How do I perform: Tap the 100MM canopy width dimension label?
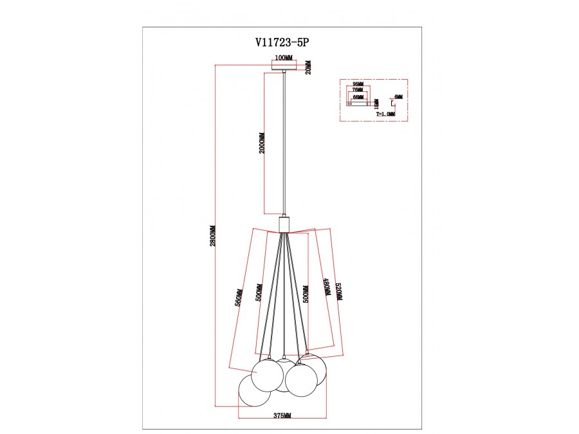tap(284, 58)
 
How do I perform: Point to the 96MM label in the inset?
tap(358, 85)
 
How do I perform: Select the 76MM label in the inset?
tap(358, 91)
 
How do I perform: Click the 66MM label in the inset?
tap(358, 96)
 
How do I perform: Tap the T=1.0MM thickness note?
tap(386, 114)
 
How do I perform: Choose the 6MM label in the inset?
tap(399, 96)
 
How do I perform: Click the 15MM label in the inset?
tap(377, 102)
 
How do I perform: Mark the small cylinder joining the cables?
tap(284, 225)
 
